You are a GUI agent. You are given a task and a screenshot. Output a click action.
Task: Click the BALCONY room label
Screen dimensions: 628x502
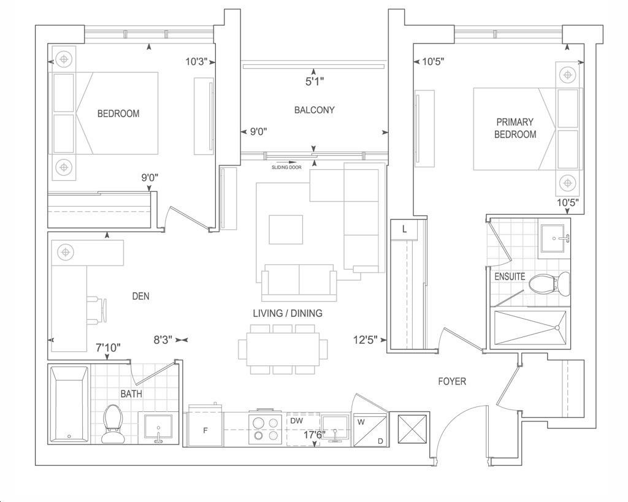point(314,110)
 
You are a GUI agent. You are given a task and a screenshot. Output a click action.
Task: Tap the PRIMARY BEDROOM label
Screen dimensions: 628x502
point(515,128)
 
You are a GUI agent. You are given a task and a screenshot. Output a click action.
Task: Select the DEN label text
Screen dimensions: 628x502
point(140,296)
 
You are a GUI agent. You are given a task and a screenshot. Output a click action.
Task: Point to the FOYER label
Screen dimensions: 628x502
point(452,381)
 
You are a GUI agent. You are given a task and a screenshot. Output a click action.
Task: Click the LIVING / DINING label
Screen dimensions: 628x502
point(288,313)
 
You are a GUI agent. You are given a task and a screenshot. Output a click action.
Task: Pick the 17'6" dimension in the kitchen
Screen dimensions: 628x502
point(314,435)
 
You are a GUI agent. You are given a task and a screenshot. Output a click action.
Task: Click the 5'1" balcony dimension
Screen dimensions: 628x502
point(315,82)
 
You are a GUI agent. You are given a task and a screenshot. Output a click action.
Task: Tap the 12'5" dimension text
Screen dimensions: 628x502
point(366,340)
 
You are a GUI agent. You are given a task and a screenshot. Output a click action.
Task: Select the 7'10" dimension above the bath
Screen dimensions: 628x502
point(108,348)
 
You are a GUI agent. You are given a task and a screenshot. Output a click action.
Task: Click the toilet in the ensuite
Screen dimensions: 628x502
point(549,284)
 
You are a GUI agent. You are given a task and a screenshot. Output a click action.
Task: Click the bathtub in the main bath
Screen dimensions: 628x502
point(69,405)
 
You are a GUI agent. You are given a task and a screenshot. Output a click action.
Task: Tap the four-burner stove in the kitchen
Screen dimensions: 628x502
point(264,428)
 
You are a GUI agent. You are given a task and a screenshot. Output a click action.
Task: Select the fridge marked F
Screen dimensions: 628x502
point(205,428)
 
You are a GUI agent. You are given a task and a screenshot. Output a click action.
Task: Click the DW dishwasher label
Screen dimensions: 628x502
point(296,421)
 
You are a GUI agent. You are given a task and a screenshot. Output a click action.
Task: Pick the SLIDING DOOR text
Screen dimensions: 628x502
point(286,167)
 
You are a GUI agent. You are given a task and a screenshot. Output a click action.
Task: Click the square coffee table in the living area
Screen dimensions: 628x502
point(286,229)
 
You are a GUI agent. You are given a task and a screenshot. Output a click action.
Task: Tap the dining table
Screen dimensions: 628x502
point(283,349)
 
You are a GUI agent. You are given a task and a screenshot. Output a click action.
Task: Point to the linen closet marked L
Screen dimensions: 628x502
point(404,230)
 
